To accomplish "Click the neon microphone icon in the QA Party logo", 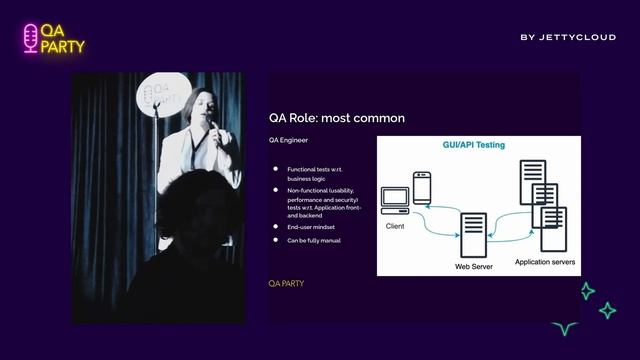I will pyautogui.click(x=31, y=38).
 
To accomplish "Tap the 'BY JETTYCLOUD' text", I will pyautogui.click(x=568, y=38).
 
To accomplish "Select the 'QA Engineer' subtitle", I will pyautogui.click(x=288, y=140).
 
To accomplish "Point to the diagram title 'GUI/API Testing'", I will pyautogui.click(x=473, y=146).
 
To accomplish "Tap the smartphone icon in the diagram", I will pyautogui.click(x=422, y=188).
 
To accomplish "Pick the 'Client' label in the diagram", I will pyautogui.click(x=394, y=227).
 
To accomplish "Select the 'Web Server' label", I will pyautogui.click(x=474, y=266).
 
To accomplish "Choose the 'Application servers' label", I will pyautogui.click(x=545, y=262).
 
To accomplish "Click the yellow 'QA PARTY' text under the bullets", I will pyautogui.click(x=286, y=284).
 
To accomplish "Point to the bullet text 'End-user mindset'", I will pyautogui.click(x=311, y=227).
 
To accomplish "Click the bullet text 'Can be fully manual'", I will pyautogui.click(x=314, y=240).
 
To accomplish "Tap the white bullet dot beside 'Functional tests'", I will pyautogui.click(x=276, y=169).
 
